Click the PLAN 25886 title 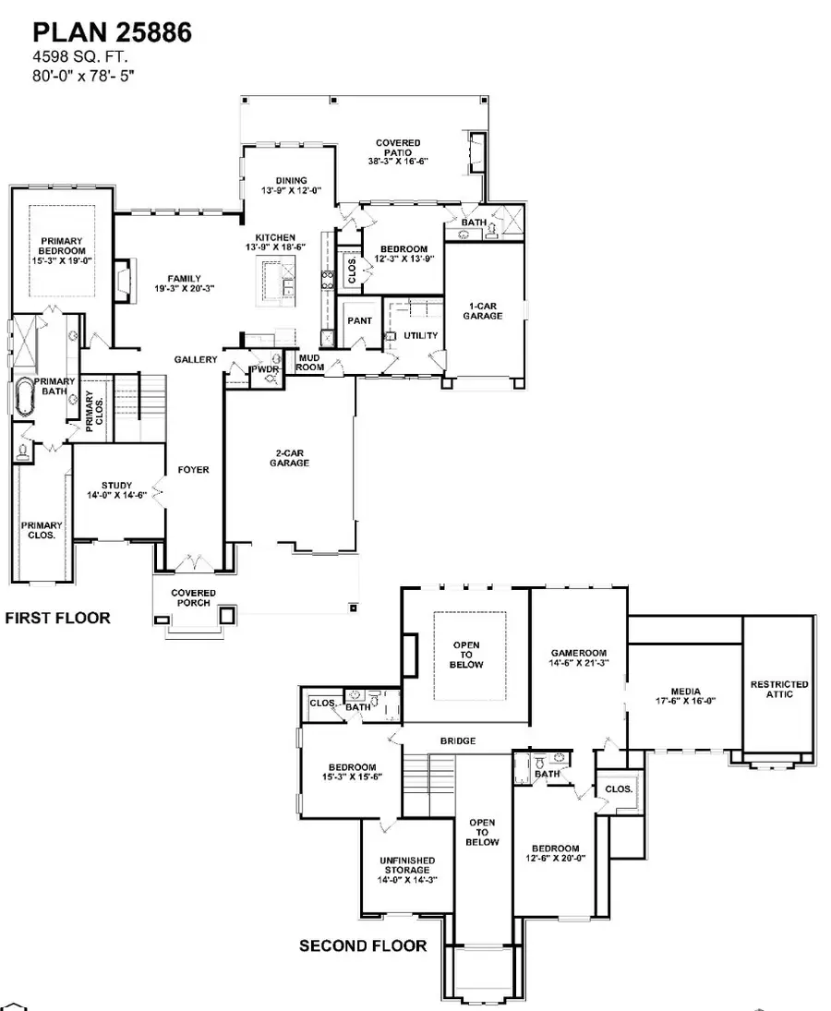(x=113, y=34)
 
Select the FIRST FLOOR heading (x=57, y=618)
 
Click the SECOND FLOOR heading (x=363, y=945)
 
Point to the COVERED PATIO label (x=398, y=152)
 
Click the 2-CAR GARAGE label (x=290, y=457)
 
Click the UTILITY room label (x=420, y=335)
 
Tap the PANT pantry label (x=359, y=320)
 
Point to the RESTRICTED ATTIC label (x=778, y=689)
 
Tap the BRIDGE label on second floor (x=458, y=740)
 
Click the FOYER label (x=194, y=470)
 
